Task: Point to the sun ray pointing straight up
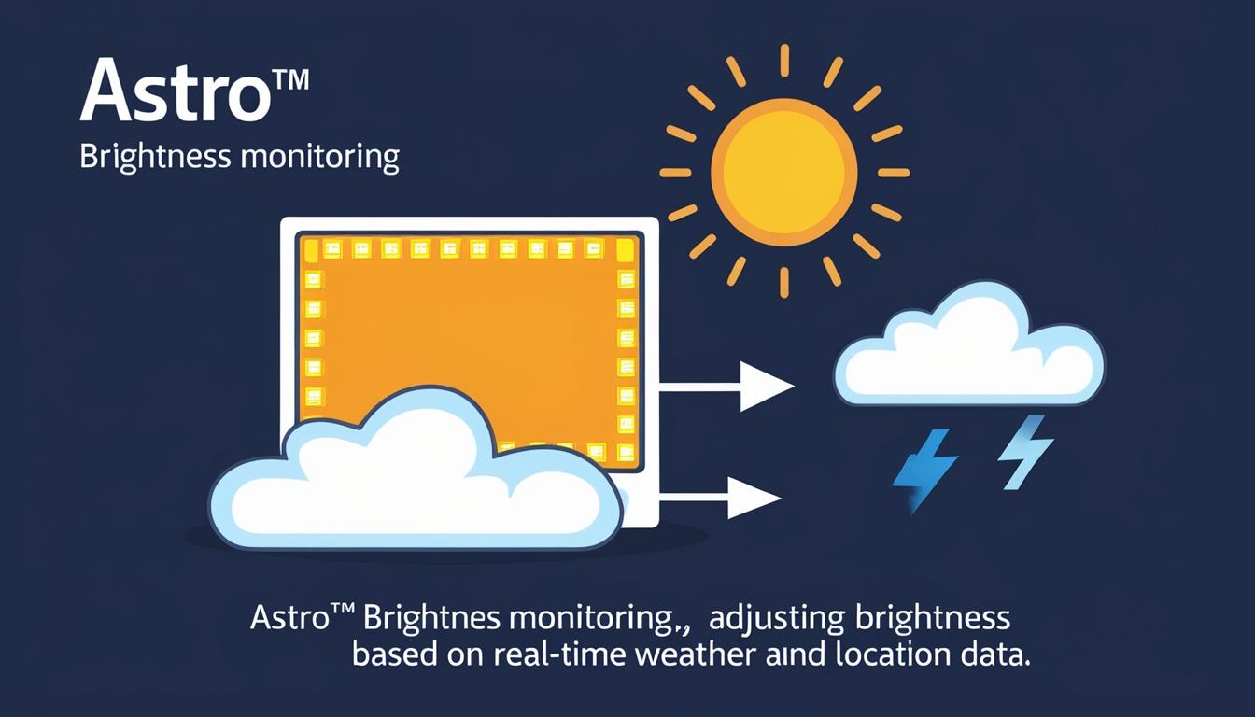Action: tap(784, 60)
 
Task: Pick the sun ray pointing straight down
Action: tap(784, 281)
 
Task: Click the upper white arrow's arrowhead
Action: tap(764, 387)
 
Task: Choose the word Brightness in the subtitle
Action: tap(154, 156)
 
